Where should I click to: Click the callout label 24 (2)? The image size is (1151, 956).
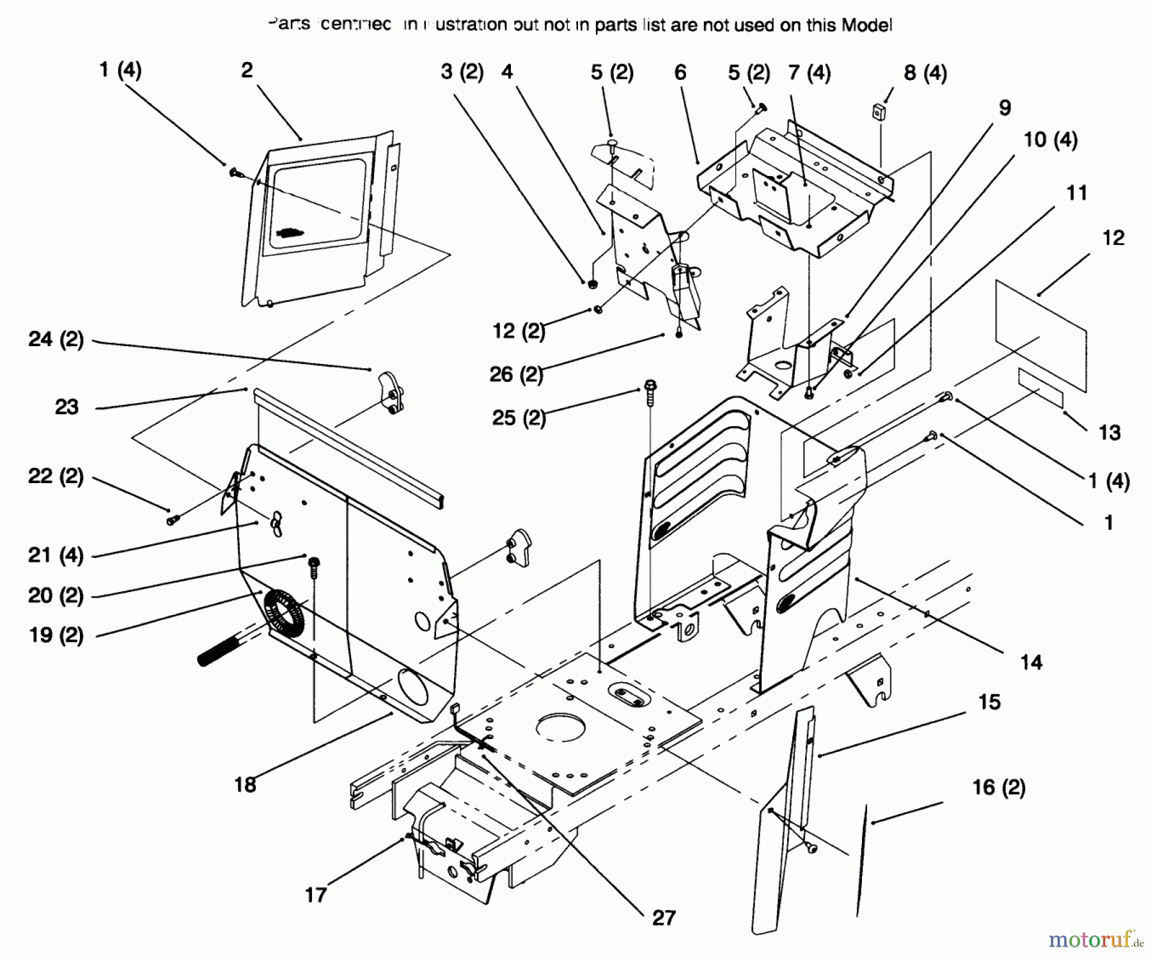tap(56, 339)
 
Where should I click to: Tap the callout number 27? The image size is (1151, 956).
tap(664, 918)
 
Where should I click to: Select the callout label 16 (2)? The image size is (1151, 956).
tap(998, 787)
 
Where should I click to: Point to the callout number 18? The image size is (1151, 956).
tap(245, 785)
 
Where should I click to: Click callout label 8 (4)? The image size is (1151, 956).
tap(925, 73)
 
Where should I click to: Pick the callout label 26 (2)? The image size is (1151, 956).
tap(516, 374)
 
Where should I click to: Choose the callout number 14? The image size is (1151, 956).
tap(1031, 662)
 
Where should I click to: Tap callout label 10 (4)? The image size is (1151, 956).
tap(1051, 139)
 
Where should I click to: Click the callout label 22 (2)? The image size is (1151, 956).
tap(56, 476)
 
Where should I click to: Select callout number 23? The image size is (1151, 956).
tap(67, 407)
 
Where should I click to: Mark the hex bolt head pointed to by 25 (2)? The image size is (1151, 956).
tap(650, 387)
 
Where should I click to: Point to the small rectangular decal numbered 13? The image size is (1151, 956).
tap(1040, 388)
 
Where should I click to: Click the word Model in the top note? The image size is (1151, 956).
tap(866, 25)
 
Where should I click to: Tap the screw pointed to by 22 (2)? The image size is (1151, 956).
tap(171, 520)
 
